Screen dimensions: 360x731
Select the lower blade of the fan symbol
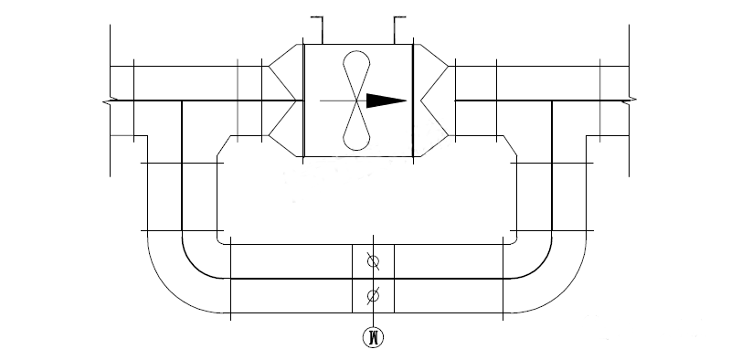coord(356,127)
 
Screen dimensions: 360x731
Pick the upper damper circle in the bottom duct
coord(372,261)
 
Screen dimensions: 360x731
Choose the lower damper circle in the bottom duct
coord(372,295)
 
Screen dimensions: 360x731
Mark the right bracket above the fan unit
coord(399,27)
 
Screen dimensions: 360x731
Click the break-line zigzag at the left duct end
coord(109,101)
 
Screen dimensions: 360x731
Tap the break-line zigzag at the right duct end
coord(630,101)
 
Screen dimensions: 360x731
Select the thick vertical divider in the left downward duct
coord(183,174)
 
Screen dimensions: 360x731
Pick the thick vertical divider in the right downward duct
coord(553,174)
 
